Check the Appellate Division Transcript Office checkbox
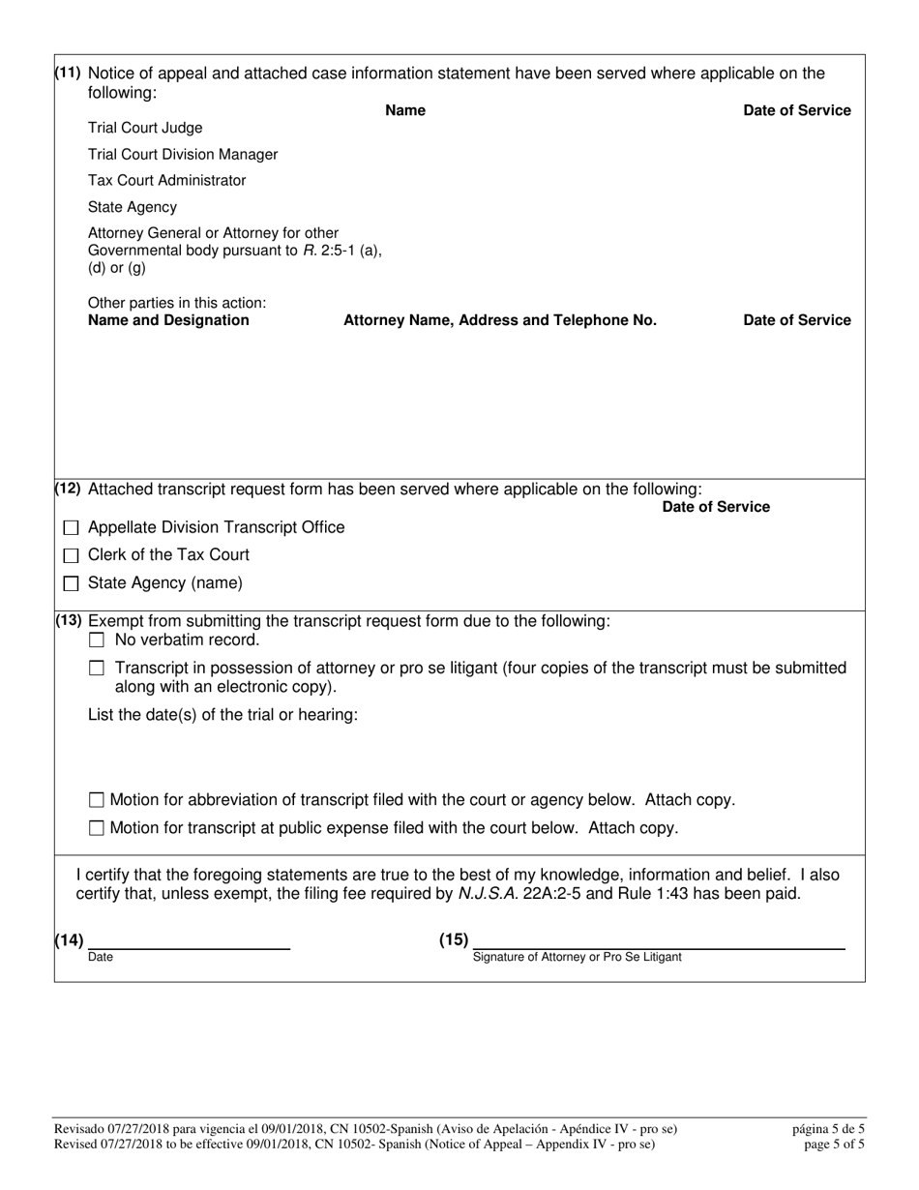click(72, 528)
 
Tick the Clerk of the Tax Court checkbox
click(72, 556)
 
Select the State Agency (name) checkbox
click(72, 584)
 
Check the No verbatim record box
click(97, 640)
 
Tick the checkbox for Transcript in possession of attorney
click(97, 669)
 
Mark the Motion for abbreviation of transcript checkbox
click(97, 800)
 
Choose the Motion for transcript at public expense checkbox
click(97, 828)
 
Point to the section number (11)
click(69, 74)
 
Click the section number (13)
click(69, 621)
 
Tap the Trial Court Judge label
click(145, 128)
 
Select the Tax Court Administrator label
click(166, 181)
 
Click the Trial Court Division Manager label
click(183, 155)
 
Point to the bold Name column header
click(405, 110)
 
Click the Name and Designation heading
click(168, 320)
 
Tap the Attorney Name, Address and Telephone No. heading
click(500, 320)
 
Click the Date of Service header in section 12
click(716, 507)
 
